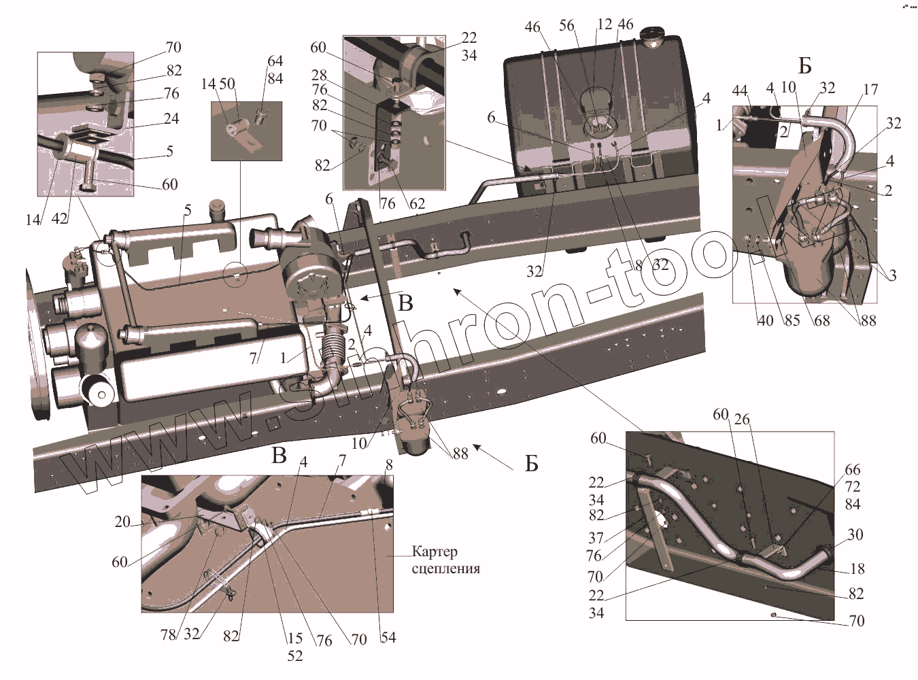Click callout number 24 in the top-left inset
[x=171, y=118]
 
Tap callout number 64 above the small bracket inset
[x=275, y=61]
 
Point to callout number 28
[x=320, y=75]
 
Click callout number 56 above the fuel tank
[x=567, y=26]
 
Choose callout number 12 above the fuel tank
[x=605, y=24]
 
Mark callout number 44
[x=741, y=90]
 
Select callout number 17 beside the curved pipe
[x=870, y=89]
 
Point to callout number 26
[x=742, y=420]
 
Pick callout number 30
[x=855, y=534]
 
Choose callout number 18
[x=857, y=568]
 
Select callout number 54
[x=388, y=637]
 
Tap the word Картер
[x=435, y=551]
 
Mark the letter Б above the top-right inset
[x=805, y=66]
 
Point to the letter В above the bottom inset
[x=279, y=456]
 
